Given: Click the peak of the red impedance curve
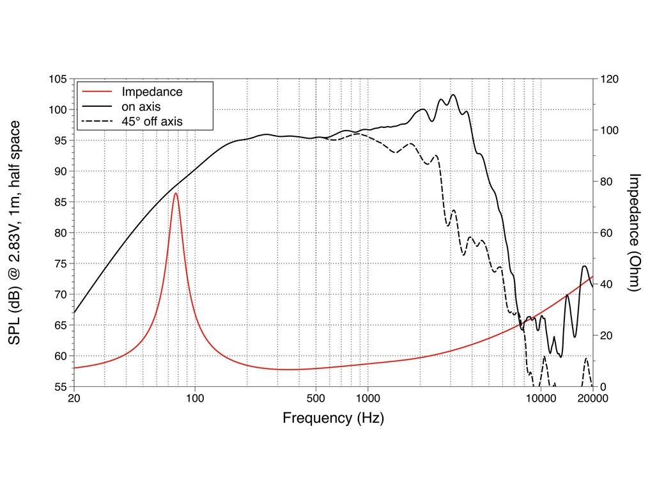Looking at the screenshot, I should pyautogui.click(x=175, y=193).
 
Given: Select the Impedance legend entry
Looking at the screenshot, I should pyautogui.click(x=152, y=92).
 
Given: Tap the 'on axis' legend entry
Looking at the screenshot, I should pyautogui.click(x=141, y=106).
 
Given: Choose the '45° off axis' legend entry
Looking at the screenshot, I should pyautogui.click(x=153, y=120).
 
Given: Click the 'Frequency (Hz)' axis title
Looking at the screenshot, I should pyautogui.click(x=333, y=419).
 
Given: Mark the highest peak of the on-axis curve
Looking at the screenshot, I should pyautogui.click(x=453, y=95).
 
